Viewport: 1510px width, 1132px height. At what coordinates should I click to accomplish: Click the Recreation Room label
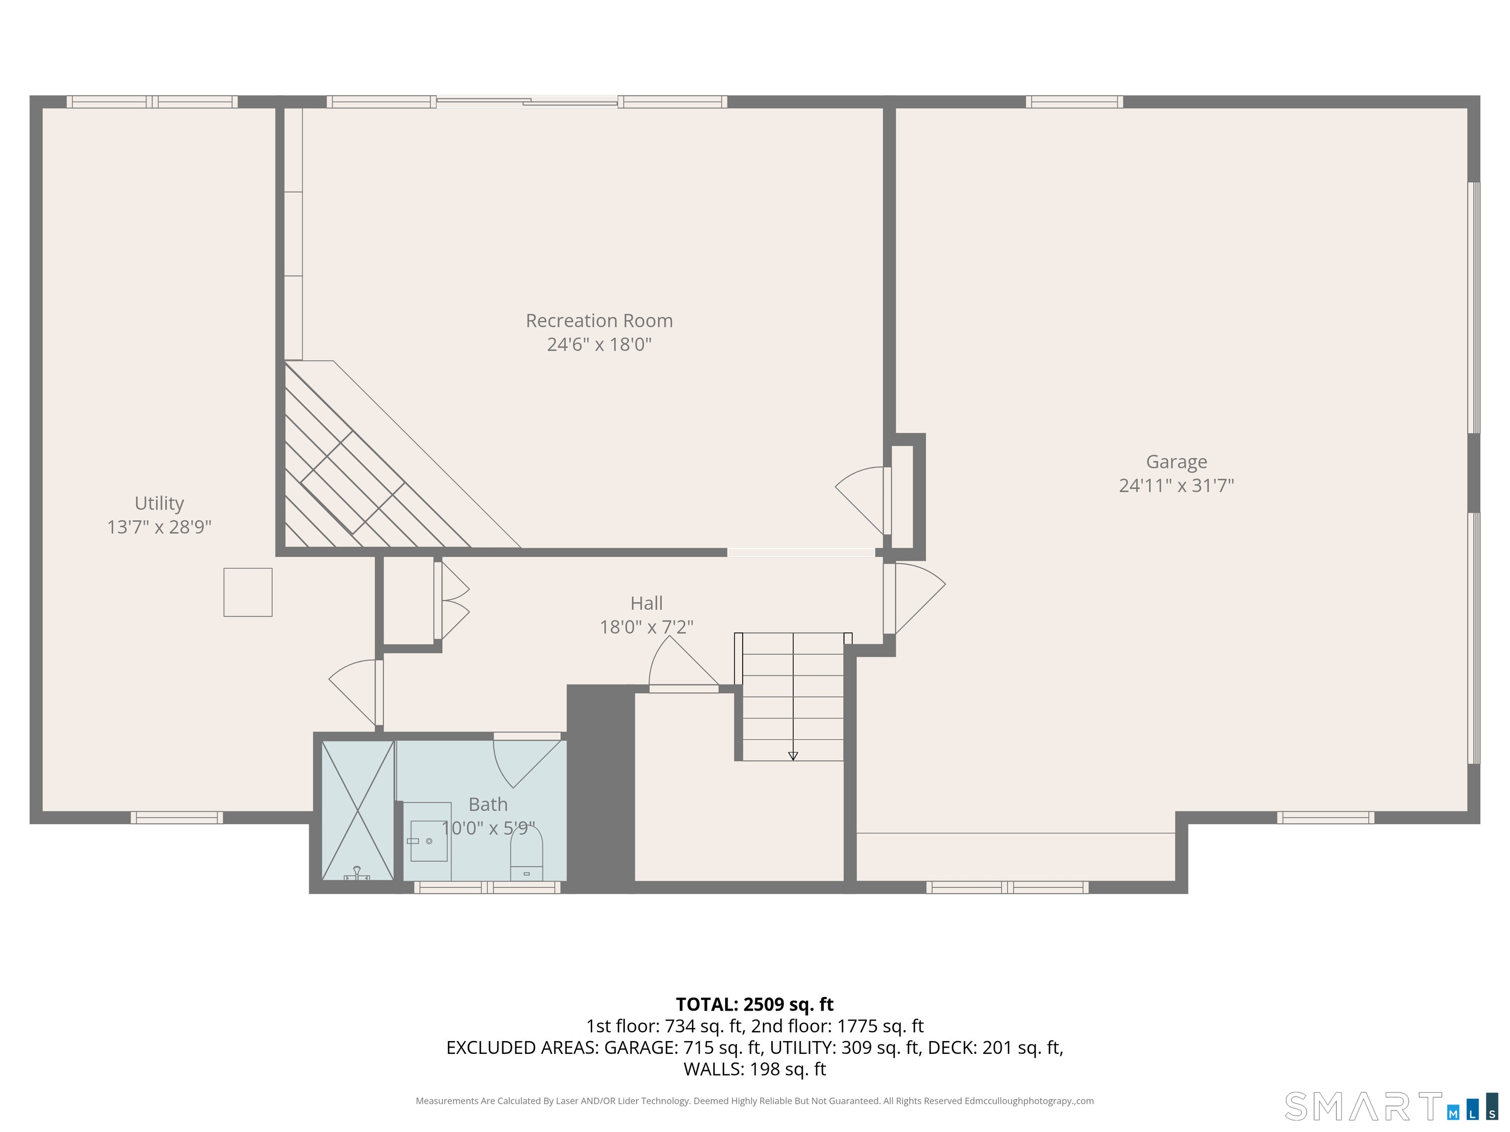click(599, 321)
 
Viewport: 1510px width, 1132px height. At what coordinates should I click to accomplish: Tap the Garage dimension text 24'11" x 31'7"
click(1176, 485)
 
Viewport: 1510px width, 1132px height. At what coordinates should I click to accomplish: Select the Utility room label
click(159, 504)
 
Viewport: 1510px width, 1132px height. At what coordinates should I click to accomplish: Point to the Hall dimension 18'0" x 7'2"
click(646, 626)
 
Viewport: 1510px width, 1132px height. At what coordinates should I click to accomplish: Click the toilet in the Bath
click(526, 852)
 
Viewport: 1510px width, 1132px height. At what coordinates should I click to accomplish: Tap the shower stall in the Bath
click(358, 810)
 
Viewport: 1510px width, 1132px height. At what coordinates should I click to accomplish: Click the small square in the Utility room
click(248, 592)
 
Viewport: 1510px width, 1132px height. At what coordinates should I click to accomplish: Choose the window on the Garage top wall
click(1074, 102)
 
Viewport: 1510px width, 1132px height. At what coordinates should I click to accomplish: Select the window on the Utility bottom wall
click(177, 818)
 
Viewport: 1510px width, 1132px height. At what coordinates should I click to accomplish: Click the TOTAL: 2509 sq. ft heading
click(755, 1004)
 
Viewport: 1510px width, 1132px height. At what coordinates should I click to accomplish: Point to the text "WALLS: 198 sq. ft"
click(755, 1069)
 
